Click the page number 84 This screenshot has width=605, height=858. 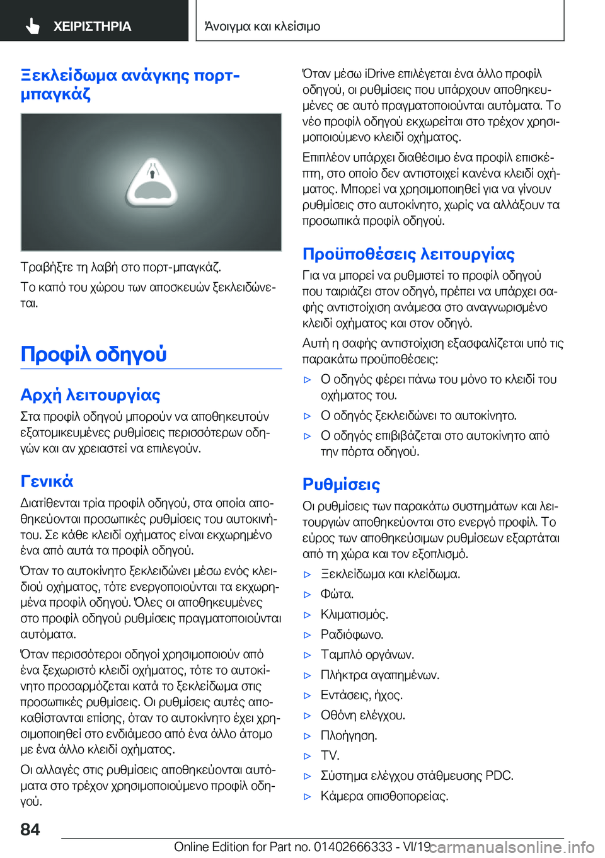(x=30, y=829)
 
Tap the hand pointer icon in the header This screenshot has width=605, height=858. (x=33, y=26)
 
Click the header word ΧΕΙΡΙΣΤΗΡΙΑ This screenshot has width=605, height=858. (x=92, y=26)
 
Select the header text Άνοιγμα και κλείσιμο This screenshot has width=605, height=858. (x=262, y=26)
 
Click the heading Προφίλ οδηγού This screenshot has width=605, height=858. (x=93, y=354)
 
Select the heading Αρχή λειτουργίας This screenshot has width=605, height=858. (x=90, y=395)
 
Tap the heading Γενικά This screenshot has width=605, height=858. (x=47, y=481)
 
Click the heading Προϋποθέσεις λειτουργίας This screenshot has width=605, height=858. (x=408, y=254)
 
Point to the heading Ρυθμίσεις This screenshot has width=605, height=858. (x=341, y=484)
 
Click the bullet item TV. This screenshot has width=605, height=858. (x=330, y=755)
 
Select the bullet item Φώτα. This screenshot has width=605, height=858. (x=337, y=594)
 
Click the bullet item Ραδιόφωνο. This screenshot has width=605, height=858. (x=352, y=634)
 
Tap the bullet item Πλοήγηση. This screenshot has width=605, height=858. (x=349, y=735)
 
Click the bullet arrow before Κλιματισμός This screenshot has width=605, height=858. (x=308, y=615)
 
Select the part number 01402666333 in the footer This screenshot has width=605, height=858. (x=352, y=847)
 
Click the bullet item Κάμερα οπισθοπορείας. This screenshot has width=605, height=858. (x=384, y=796)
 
